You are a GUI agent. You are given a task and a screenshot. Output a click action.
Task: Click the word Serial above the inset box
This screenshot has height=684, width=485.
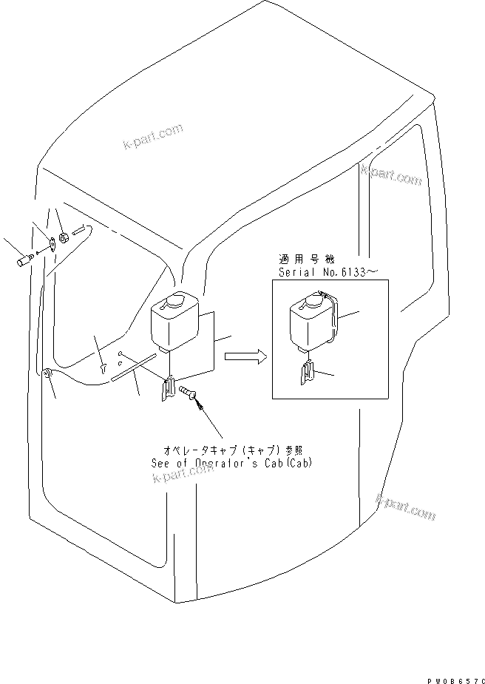pos(296,272)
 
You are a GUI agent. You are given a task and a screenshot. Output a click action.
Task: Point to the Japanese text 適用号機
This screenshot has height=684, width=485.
pos(306,260)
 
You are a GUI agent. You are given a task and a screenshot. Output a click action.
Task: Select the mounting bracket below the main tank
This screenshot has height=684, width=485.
pos(169,389)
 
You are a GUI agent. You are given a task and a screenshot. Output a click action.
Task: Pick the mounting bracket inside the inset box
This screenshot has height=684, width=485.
pos(307,374)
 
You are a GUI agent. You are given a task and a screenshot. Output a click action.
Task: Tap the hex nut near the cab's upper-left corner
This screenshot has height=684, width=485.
pos(64,238)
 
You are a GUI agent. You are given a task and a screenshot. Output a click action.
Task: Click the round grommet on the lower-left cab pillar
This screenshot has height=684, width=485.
pos(47,376)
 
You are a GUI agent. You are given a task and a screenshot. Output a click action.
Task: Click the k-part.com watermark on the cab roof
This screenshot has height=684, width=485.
pos(153,136)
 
